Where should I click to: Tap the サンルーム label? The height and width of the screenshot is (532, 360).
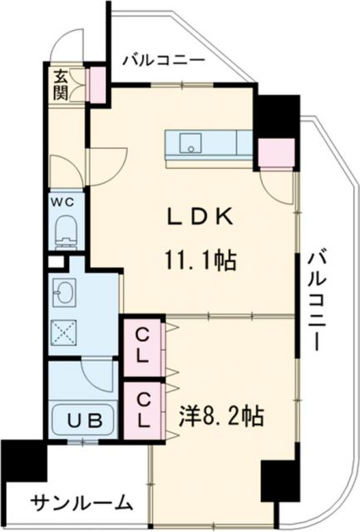pos(81,502)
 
